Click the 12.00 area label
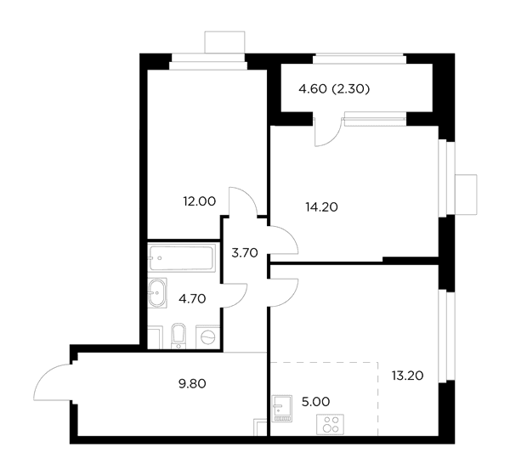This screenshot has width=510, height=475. pos(200,201)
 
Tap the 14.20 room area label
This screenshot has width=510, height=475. pos(321,206)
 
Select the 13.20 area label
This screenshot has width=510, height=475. pos(407,376)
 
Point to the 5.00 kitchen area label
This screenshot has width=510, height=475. pos(315,402)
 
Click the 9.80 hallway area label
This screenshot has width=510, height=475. pos(192,384)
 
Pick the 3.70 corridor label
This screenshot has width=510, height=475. pos(245,252)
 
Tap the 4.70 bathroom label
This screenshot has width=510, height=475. pos(192,298)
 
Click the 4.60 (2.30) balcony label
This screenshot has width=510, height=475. pos(334,88)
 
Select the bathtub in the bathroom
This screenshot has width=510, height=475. pos(182,257)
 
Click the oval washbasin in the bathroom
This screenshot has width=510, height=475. pos(157,293)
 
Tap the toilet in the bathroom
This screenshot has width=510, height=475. pos(178,336)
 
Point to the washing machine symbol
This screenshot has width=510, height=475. pos(207,336)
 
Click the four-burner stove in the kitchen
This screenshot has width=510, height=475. pos(330,424)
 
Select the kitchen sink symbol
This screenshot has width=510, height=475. pos(281,409)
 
